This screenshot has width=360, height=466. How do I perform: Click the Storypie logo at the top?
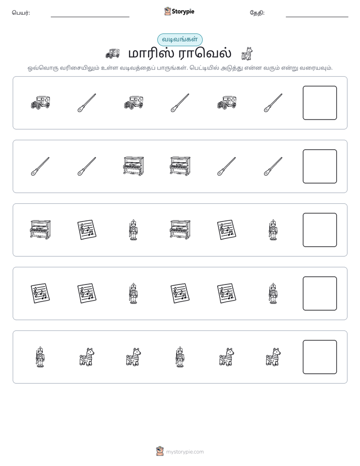click(x=179, y=11)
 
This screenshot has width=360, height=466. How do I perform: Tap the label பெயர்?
click(x=21, y=13)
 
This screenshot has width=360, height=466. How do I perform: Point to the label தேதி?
click(x=257, y=13)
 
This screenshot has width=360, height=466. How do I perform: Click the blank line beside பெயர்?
click(x=90, y=17)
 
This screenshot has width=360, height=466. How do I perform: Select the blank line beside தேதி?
click(x=317, y=17)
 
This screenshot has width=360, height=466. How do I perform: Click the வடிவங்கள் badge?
click(x=179, y=39)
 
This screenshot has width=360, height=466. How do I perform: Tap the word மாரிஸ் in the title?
click(x=151, y=53)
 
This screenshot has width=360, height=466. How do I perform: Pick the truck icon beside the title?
click(x=112, y=53)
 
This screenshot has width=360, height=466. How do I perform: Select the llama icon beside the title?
click(x=247, y=53)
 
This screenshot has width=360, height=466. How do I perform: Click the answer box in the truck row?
click(x=320, y=103)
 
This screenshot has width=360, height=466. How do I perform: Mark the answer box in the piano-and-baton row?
click(x=320, y=166)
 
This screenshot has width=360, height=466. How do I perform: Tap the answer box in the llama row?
click(x=320, y=357)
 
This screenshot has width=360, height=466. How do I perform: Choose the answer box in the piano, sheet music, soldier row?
click(x=320, y=230)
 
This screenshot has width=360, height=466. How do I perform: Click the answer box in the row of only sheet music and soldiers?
click(x=320, y=294)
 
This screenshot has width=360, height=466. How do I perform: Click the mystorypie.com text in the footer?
click(x=185, y=452)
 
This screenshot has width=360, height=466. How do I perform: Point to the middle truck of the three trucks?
click(x=134, y=103)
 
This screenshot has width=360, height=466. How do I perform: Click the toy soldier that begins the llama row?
click(x=40, y=357)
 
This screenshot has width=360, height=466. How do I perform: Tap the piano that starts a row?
click(x=40, y=230)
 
